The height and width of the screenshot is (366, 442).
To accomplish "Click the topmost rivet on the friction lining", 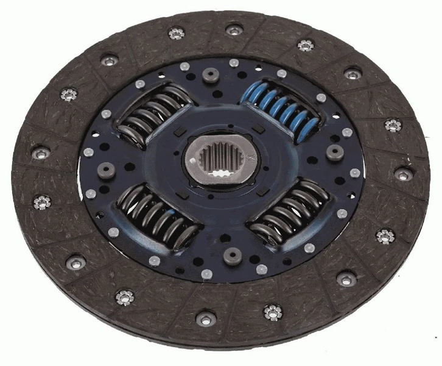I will point(234,29).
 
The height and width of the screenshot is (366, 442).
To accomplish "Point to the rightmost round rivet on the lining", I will point(404,174).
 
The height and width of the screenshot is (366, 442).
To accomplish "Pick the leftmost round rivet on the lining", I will point(41,154).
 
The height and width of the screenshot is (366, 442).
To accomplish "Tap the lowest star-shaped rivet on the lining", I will point(273,312).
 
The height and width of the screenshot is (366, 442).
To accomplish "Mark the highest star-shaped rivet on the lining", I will point(177,34).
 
